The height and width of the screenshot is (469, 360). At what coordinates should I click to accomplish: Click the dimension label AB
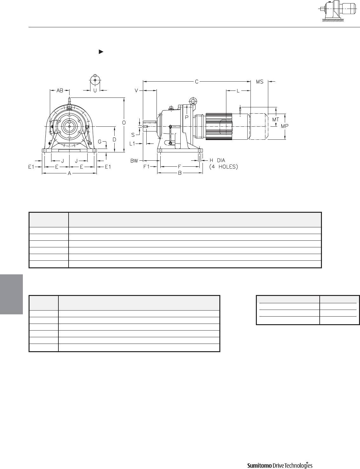pos(60,90)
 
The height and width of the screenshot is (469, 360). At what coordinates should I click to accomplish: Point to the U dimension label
pos(95,90)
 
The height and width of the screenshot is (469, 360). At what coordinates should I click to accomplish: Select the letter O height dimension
pos(124,123)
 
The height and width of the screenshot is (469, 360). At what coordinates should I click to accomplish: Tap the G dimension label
pos(100,142)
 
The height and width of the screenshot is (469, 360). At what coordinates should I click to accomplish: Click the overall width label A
pos(70,173)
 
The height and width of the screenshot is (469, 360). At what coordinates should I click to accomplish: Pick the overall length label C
pos(197,82)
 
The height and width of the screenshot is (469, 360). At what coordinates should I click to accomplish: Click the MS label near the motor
pos(260,82)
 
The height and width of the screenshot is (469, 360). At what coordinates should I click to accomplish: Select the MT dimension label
pos(276,119)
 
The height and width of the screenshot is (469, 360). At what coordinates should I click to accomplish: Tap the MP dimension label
pos(284,126)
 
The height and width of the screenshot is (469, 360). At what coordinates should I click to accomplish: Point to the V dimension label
pos(136,90)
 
